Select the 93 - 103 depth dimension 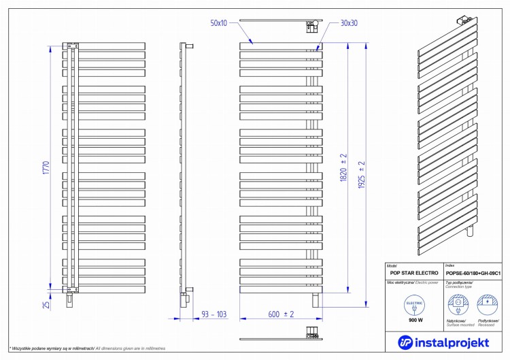(x=213, y=314)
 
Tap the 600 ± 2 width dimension (x=280, y=314)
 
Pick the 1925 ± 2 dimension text (x=362, y=174)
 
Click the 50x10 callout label (x=220, y=23)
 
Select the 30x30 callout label (x=349, y=23)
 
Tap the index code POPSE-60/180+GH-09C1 (x=473, y=272)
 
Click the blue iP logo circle (x=406, y=342)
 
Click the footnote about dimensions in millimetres (x=88, y=348)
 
